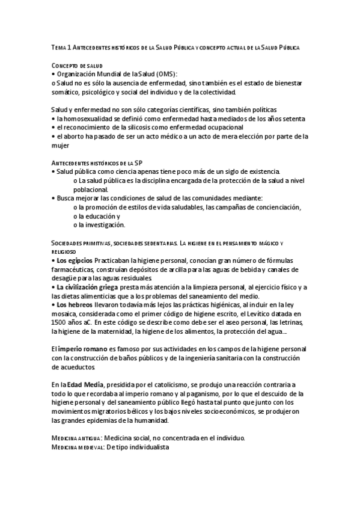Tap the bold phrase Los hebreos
73,305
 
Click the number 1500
61,323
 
